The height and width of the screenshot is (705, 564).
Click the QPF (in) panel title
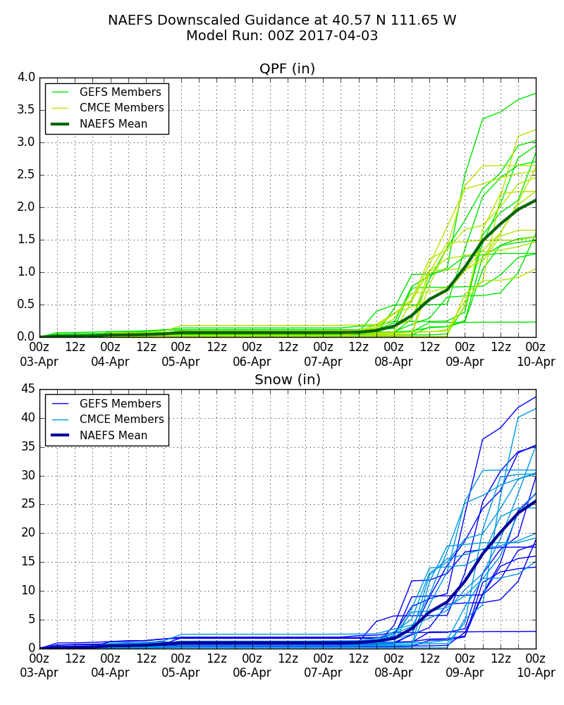[x=287, y=69]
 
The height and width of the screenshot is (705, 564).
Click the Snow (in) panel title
[x=287, y=380]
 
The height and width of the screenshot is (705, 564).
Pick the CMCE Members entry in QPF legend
[x=121, y=108]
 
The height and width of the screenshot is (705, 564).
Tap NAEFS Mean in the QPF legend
[x=114, y=124]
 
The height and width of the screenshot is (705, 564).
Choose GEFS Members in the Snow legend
[x=120, y=404]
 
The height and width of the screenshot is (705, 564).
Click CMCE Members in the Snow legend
[x=121, y=419]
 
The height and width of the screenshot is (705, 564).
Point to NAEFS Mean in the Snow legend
[x=114, y=436]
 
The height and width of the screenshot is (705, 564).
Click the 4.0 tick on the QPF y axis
[x=26, y=78]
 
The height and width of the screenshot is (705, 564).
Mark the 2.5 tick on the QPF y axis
[x=26, y=175]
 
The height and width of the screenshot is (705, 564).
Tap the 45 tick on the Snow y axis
[x=28, y=389]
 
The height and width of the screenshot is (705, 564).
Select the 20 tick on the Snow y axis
[x=28, y=533]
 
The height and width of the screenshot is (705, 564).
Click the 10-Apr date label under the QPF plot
[x=536, y=362]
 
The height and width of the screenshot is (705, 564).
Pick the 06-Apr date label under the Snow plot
[x=252, y=673]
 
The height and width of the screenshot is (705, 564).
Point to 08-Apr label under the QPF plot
[x=393, y=362]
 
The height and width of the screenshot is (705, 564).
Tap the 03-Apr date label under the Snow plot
[x=39, y=673]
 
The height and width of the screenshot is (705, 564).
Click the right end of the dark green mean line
[x=535, y=200]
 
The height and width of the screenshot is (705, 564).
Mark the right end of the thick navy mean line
[x=535, y=501]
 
